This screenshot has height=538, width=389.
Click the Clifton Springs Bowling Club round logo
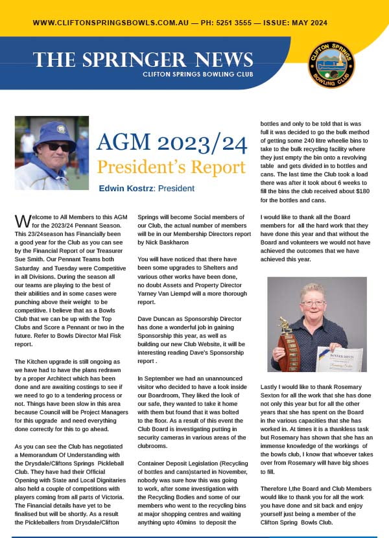(331, 65)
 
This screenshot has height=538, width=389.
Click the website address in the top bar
(110, 23)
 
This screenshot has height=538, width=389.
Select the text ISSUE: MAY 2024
(311, 23)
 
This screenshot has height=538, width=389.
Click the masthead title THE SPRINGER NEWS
(143, 60)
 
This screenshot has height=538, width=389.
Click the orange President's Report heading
(171, 167)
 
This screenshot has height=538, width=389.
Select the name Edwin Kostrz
(125, 189)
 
